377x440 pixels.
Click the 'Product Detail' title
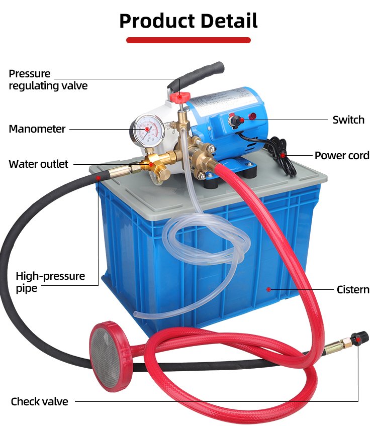point(188,21)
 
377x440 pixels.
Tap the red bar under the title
point(188,40)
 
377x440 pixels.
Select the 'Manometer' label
point(37,129)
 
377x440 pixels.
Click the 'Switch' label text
point(348,120)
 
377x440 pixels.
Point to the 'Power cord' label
point(342,156)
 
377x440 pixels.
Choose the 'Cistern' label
point(353,290)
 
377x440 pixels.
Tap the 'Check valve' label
point(39,401)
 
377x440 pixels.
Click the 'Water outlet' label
point(38,164)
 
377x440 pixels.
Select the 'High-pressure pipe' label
point(50,282)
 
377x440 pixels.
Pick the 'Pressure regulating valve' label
point(48,80)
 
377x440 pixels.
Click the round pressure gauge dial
point(147,130)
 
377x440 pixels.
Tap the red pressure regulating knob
point(179,97)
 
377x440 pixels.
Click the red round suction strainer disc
point(110,357)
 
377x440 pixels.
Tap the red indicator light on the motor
point(253,116)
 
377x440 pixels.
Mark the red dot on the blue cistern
point(268,289)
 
